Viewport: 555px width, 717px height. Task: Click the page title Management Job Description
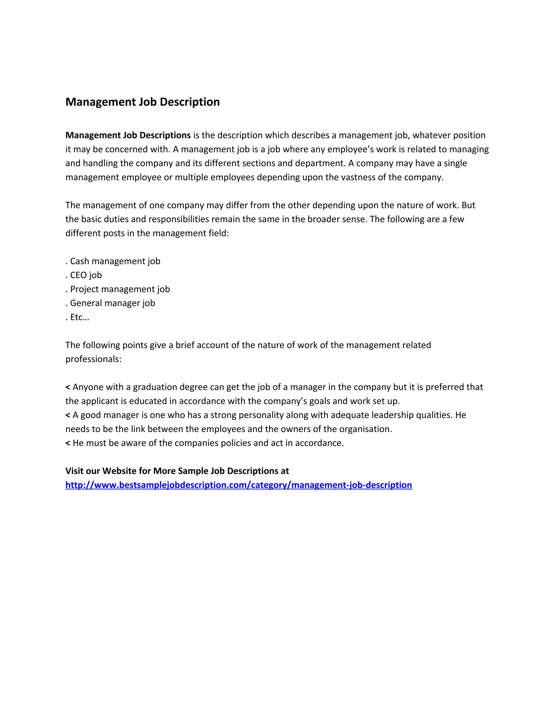[x=142, y=102]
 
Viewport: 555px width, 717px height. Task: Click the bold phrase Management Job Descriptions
[x=128, y=135]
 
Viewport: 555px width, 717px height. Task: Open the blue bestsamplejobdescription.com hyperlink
[x=238, y=485]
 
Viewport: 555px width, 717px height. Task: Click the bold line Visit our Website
[x=177, y=471]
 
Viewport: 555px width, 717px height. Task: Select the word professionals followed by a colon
[x=93, y=359]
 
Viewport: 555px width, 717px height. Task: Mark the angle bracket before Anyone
[x=68, y=387]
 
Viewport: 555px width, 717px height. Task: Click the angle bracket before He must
[x=68, y=443]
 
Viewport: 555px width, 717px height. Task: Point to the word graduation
[x=156, y=387]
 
